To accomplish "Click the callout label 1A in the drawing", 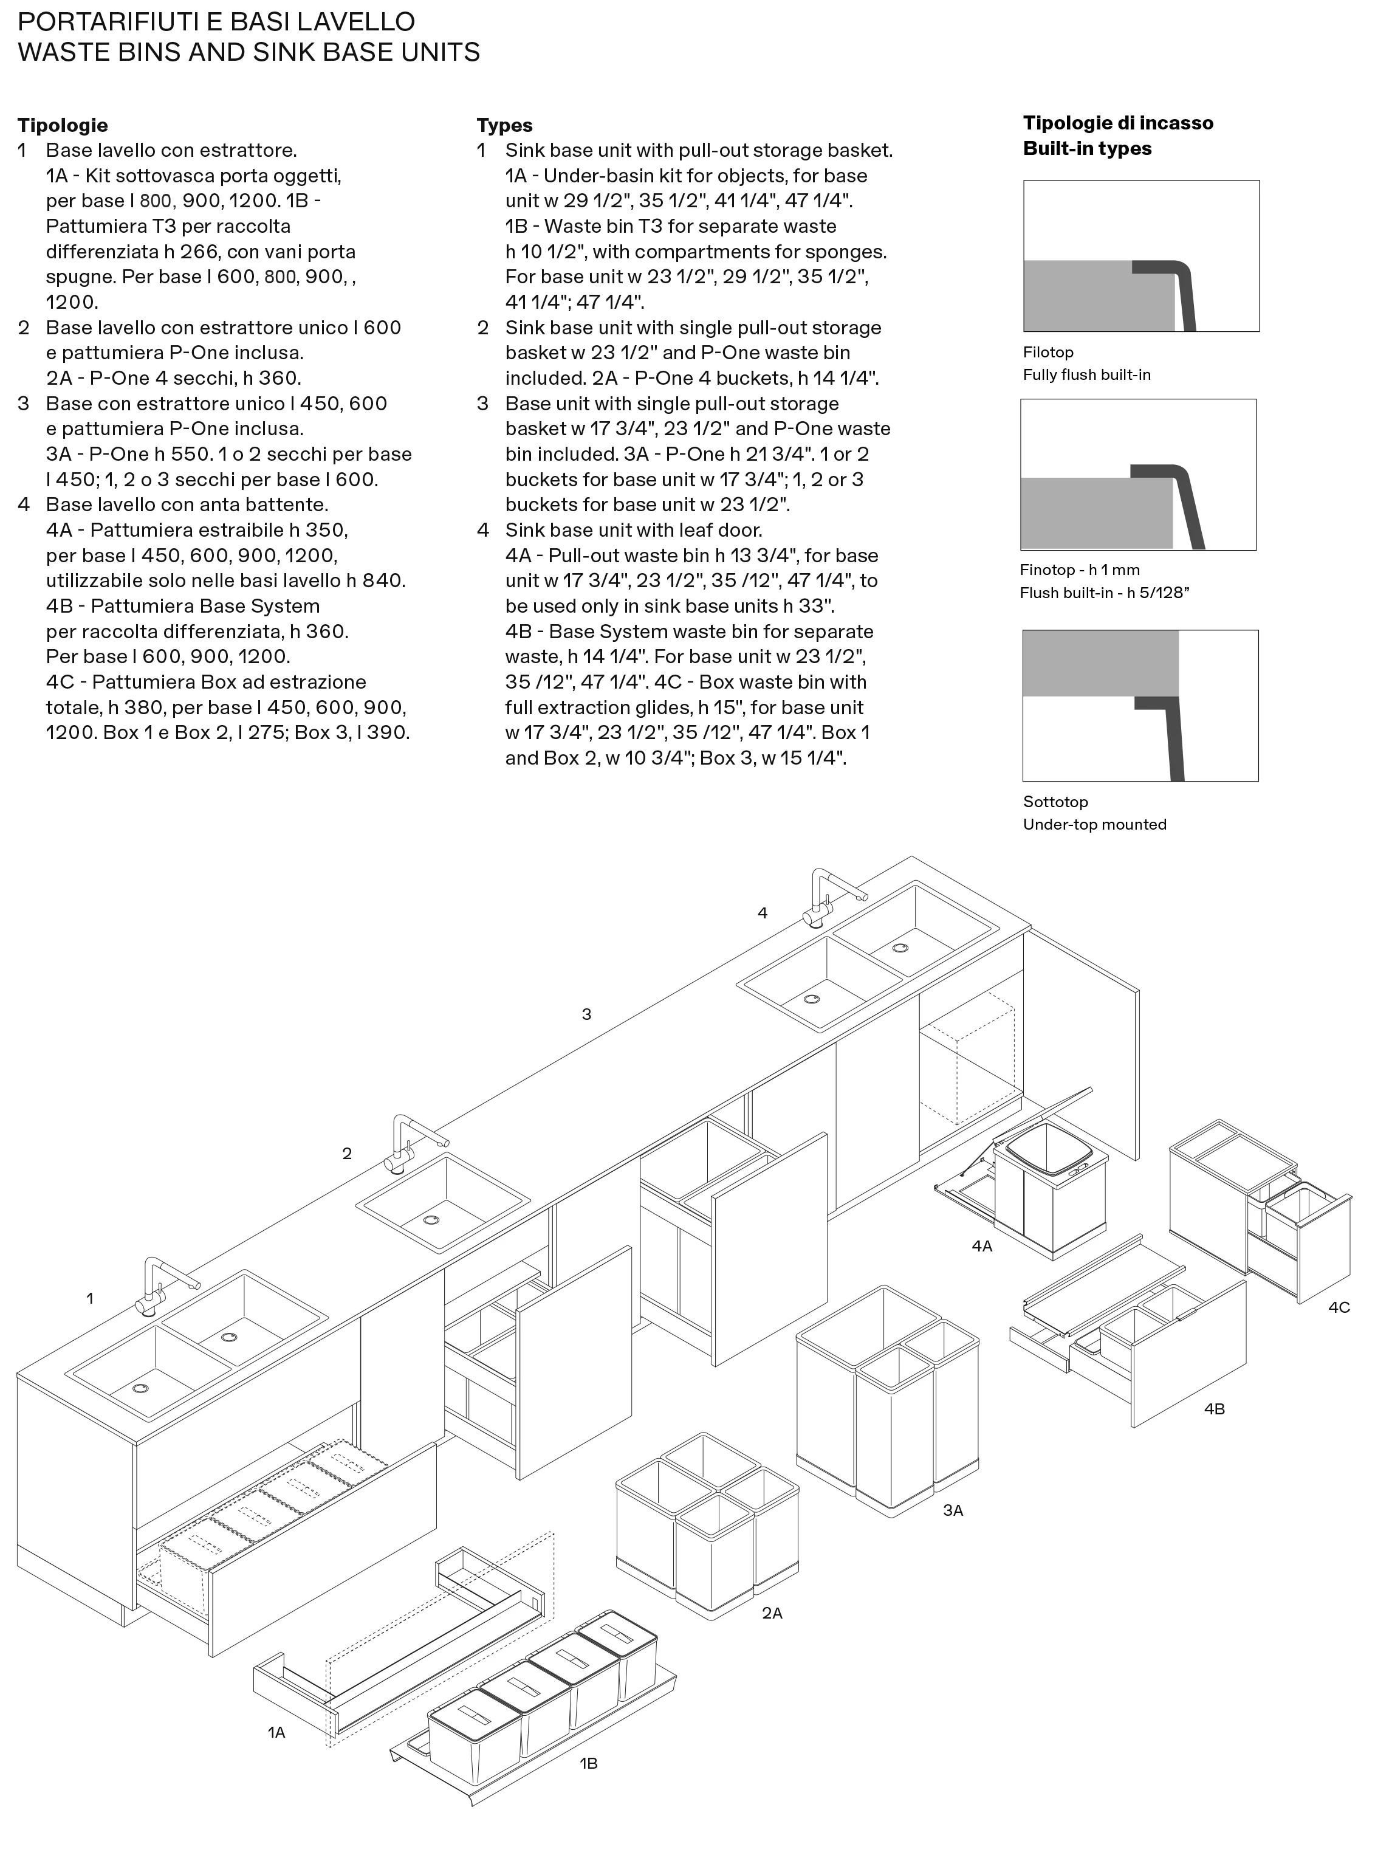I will tap(276, 1732).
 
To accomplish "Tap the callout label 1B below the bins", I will tap(589, 1764).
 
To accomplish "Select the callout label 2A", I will tap(772, 1612).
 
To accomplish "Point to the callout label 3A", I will tap(953, 1510).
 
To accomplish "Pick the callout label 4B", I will tap(1214, 1409).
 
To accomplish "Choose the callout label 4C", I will tap(1339, 1307).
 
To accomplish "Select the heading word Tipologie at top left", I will tap(63, 126).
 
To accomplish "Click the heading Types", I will tap(505, 126).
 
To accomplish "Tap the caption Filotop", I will tap(1048, 352).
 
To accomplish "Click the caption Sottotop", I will tap(1055, 802).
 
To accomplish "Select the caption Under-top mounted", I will tap(1094, 824).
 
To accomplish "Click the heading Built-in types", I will tap(1087, 148).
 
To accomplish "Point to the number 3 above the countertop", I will tap(587, 1014).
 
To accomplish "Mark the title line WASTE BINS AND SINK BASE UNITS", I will tap(249, 52).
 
